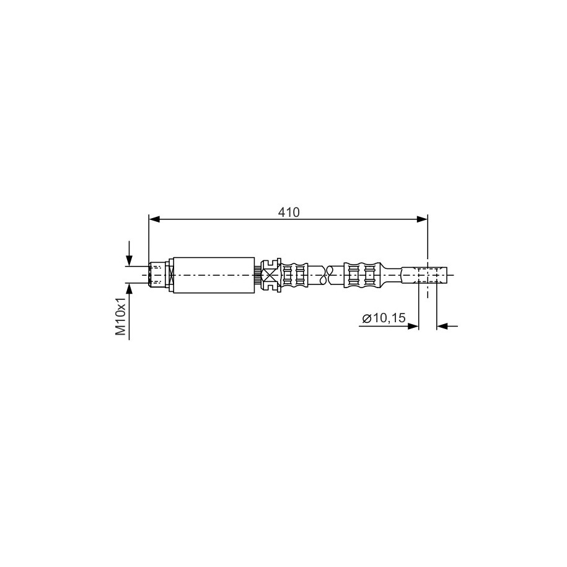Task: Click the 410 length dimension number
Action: tap(289, 213)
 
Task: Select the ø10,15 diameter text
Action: tap(384, 319)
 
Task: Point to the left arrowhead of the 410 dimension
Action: tap(154, 219)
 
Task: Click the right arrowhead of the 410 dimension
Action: tap(422, 219)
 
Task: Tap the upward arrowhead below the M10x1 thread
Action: tap(129, 289)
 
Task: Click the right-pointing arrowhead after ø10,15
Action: tap(413, 326)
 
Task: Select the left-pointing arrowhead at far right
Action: tap(442, 326)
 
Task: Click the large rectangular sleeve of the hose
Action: tap(214, 275)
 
